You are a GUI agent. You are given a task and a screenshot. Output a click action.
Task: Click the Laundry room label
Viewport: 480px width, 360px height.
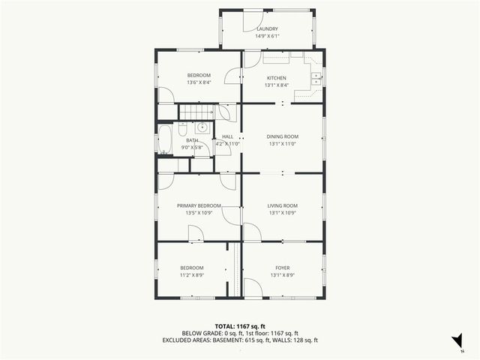[x=267, y=29]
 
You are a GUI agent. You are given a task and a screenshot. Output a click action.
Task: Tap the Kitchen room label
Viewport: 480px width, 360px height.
[x=277, y=78]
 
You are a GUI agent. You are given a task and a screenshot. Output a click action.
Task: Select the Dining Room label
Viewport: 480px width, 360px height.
[x=283, y=136]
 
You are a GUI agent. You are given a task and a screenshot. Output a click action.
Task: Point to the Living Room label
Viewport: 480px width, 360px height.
[x=283, y=205]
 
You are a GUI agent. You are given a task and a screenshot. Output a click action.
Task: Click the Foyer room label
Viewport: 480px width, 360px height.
[x=283, y=268]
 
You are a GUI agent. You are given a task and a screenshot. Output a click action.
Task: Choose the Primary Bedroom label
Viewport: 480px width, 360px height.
[x=199, y=205]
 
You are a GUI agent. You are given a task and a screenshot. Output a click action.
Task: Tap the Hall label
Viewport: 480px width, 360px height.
[x=227, y=136]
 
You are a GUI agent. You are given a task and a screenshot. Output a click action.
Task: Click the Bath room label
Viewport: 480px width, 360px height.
[x=192, y=140]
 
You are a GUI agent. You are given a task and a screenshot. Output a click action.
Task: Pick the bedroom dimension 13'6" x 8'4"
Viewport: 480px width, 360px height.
[x=199, y=82]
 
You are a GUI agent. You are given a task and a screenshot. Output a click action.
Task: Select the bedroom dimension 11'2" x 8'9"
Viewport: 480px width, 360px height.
[x=191, y=275]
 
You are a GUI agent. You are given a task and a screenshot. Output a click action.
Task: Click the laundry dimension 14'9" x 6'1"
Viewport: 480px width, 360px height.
[x=267, y=36]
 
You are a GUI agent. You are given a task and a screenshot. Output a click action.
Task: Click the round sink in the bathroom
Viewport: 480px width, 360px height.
[x=202, y=128]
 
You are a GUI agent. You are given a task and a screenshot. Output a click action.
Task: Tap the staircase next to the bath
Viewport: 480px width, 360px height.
[x=196, y=112]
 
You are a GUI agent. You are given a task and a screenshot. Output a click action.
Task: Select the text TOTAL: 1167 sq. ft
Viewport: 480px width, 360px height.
[x=240, y=326]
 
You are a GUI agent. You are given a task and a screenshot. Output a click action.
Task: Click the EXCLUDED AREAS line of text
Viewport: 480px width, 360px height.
[x=240, y=340]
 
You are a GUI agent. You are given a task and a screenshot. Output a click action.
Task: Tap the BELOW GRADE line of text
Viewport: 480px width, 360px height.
[x=240, y=333]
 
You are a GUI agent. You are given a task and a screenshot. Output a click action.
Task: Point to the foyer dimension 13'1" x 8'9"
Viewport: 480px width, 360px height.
[x=283, y=275]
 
